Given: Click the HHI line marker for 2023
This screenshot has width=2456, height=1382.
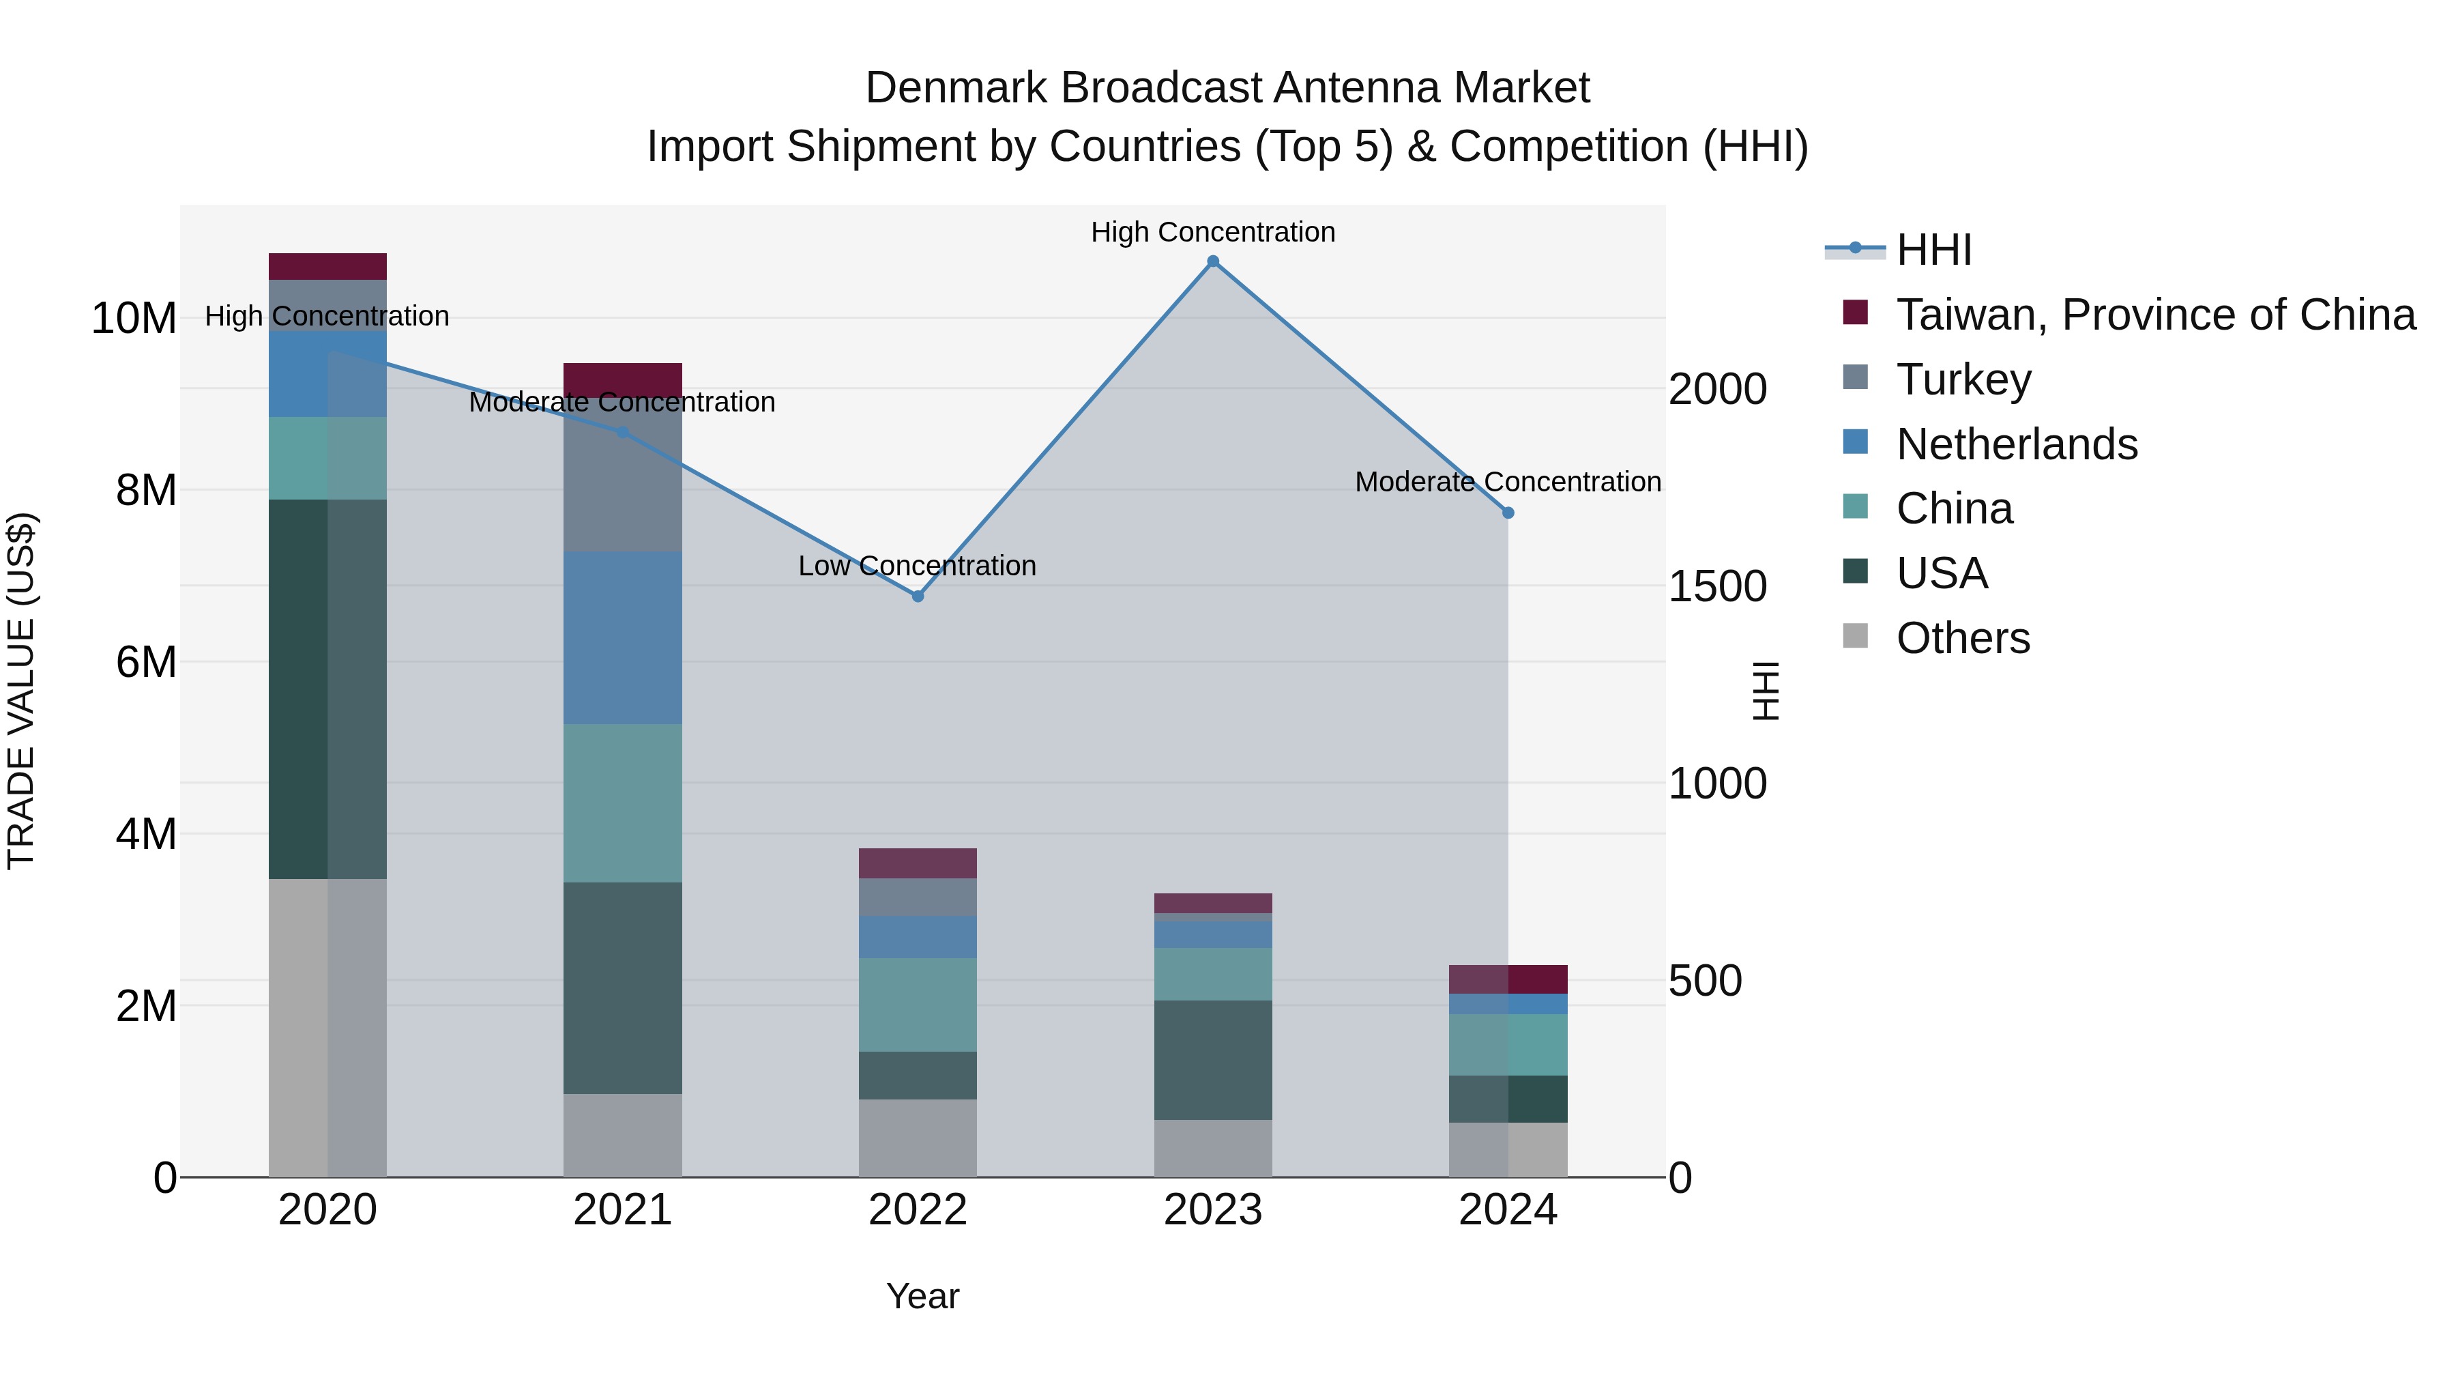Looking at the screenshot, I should coord(1213,261).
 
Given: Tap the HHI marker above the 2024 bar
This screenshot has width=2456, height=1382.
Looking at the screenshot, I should coord(1507,513).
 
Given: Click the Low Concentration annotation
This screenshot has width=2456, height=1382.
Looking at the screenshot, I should coord(916,566).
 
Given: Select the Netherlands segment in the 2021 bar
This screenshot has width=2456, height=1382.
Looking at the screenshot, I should coord(623,637).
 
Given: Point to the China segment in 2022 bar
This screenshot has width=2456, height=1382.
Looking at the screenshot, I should coord(917,1005).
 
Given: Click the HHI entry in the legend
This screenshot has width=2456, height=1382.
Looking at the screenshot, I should coord(1933,250).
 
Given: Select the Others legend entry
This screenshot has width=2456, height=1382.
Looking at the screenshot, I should coord(1962,638).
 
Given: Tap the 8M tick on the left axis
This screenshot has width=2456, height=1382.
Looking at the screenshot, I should coord(146,490).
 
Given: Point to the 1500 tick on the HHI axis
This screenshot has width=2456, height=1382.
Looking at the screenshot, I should coord(1716,586).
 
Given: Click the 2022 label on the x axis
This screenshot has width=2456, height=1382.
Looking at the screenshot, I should coord(917,1210).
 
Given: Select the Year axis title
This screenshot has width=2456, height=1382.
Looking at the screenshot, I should coord(922,1296).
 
